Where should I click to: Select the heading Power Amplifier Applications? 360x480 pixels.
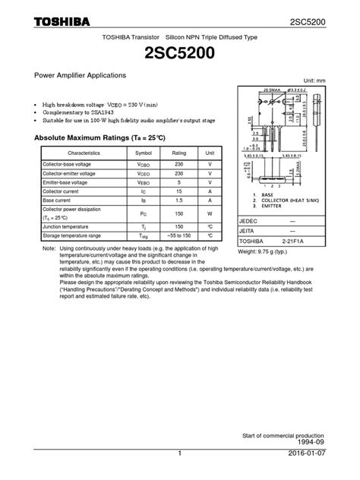point(74,77)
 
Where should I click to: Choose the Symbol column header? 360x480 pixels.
point(144,153)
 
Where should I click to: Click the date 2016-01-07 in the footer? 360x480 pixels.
point(327,474)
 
